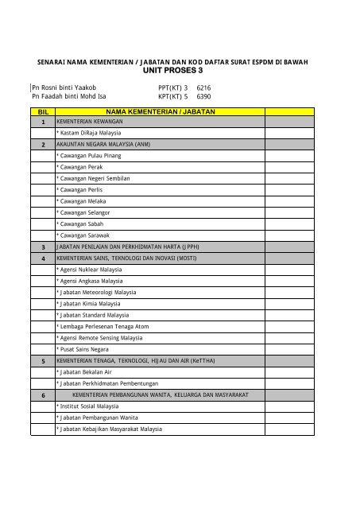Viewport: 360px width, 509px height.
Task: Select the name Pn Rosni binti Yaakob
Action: [64, 87]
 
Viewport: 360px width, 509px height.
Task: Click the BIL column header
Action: [42, 115]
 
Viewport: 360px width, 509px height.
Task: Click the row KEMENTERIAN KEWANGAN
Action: [84, 123]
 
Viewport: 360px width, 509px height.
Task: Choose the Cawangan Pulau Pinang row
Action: [88, 157]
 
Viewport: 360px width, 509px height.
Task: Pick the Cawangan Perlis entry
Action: [79, 191]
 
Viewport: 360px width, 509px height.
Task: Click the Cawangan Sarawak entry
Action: [83, 236]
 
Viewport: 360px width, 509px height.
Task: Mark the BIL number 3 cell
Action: [42, 247]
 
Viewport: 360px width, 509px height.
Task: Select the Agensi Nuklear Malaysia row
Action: [89, 270]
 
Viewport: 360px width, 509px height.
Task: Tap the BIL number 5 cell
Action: [42, 361]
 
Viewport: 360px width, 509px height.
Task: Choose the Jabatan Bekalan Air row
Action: [85, 372]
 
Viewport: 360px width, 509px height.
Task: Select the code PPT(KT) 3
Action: [174, 87]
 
